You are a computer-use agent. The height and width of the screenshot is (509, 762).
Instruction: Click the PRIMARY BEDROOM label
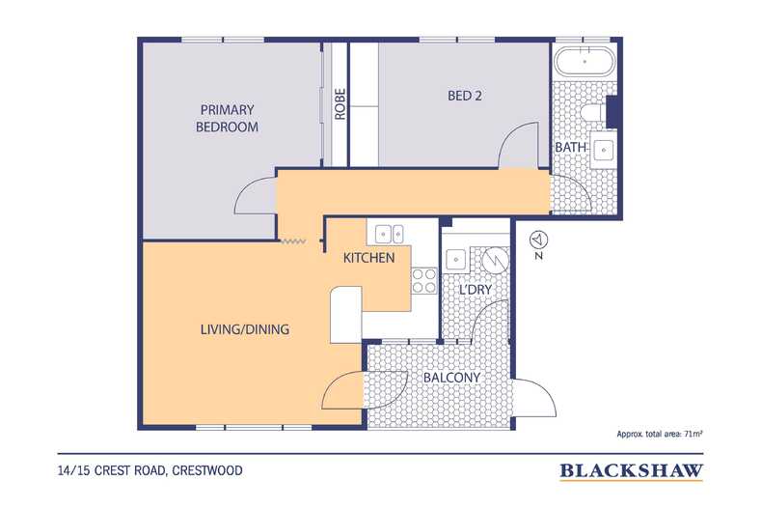227,118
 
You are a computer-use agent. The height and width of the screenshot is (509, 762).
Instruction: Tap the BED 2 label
465,96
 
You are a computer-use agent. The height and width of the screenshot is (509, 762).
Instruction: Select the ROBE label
340,103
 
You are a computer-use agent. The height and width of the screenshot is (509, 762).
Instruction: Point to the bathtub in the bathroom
585,61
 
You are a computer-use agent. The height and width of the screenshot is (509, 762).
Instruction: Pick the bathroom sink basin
603,151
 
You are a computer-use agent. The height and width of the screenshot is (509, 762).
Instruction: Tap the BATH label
570,147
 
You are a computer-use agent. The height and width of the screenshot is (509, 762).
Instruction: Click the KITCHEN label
368,258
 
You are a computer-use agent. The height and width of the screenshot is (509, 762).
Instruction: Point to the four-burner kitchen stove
424,281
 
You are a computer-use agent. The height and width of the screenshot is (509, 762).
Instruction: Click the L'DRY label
476,290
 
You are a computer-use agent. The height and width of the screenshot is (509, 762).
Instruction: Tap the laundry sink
456,260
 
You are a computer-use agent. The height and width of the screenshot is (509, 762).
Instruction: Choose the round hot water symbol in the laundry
496,260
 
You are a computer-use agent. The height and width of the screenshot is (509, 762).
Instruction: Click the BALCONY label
451,377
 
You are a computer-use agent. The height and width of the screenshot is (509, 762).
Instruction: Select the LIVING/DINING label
245,329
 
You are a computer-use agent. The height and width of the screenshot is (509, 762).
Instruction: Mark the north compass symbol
538,244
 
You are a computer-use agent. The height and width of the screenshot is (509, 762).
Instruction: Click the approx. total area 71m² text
660,434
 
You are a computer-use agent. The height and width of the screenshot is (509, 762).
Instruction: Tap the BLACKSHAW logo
631,471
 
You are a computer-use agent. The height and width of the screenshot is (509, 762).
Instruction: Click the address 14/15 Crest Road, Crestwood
150,470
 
